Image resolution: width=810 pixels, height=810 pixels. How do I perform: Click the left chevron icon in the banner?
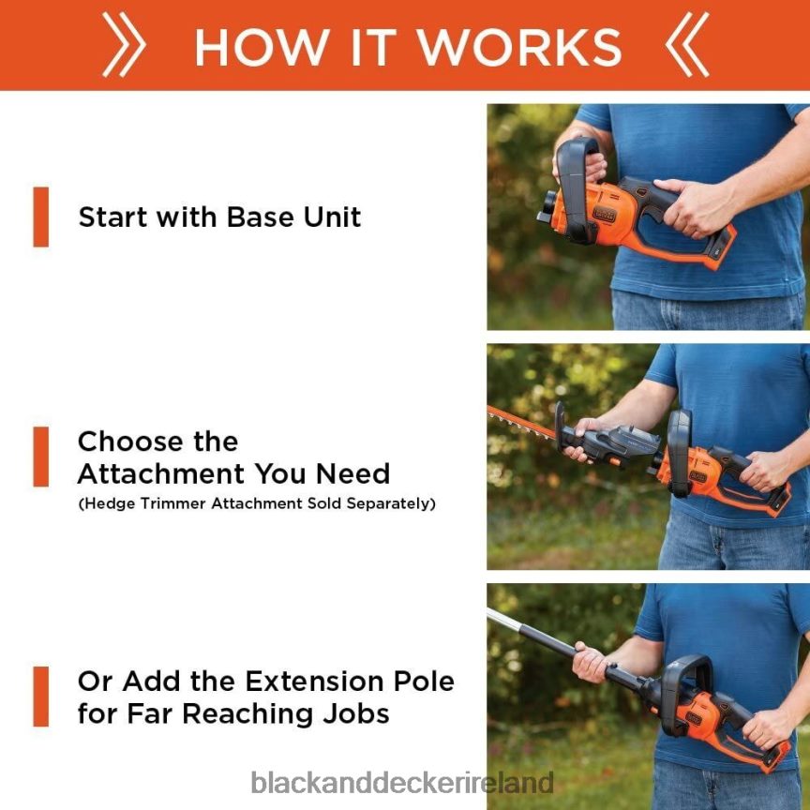[123, 46]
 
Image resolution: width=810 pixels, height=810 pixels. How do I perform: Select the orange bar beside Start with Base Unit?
[40, 217]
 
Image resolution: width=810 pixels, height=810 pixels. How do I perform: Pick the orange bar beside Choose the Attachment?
[40, 457]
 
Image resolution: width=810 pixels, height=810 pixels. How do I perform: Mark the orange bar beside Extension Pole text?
[40, 697]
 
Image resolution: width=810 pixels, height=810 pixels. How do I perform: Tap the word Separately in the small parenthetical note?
[390, 503]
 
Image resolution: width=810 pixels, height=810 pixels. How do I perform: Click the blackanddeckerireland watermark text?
[402, 783]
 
